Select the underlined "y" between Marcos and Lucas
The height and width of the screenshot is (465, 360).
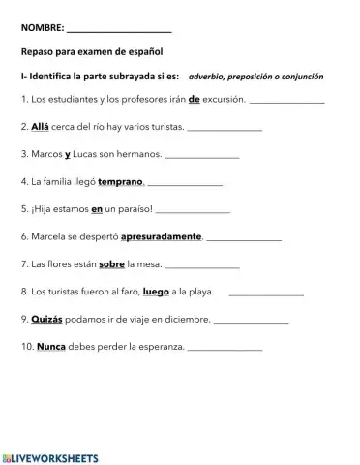click(70, 153)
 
